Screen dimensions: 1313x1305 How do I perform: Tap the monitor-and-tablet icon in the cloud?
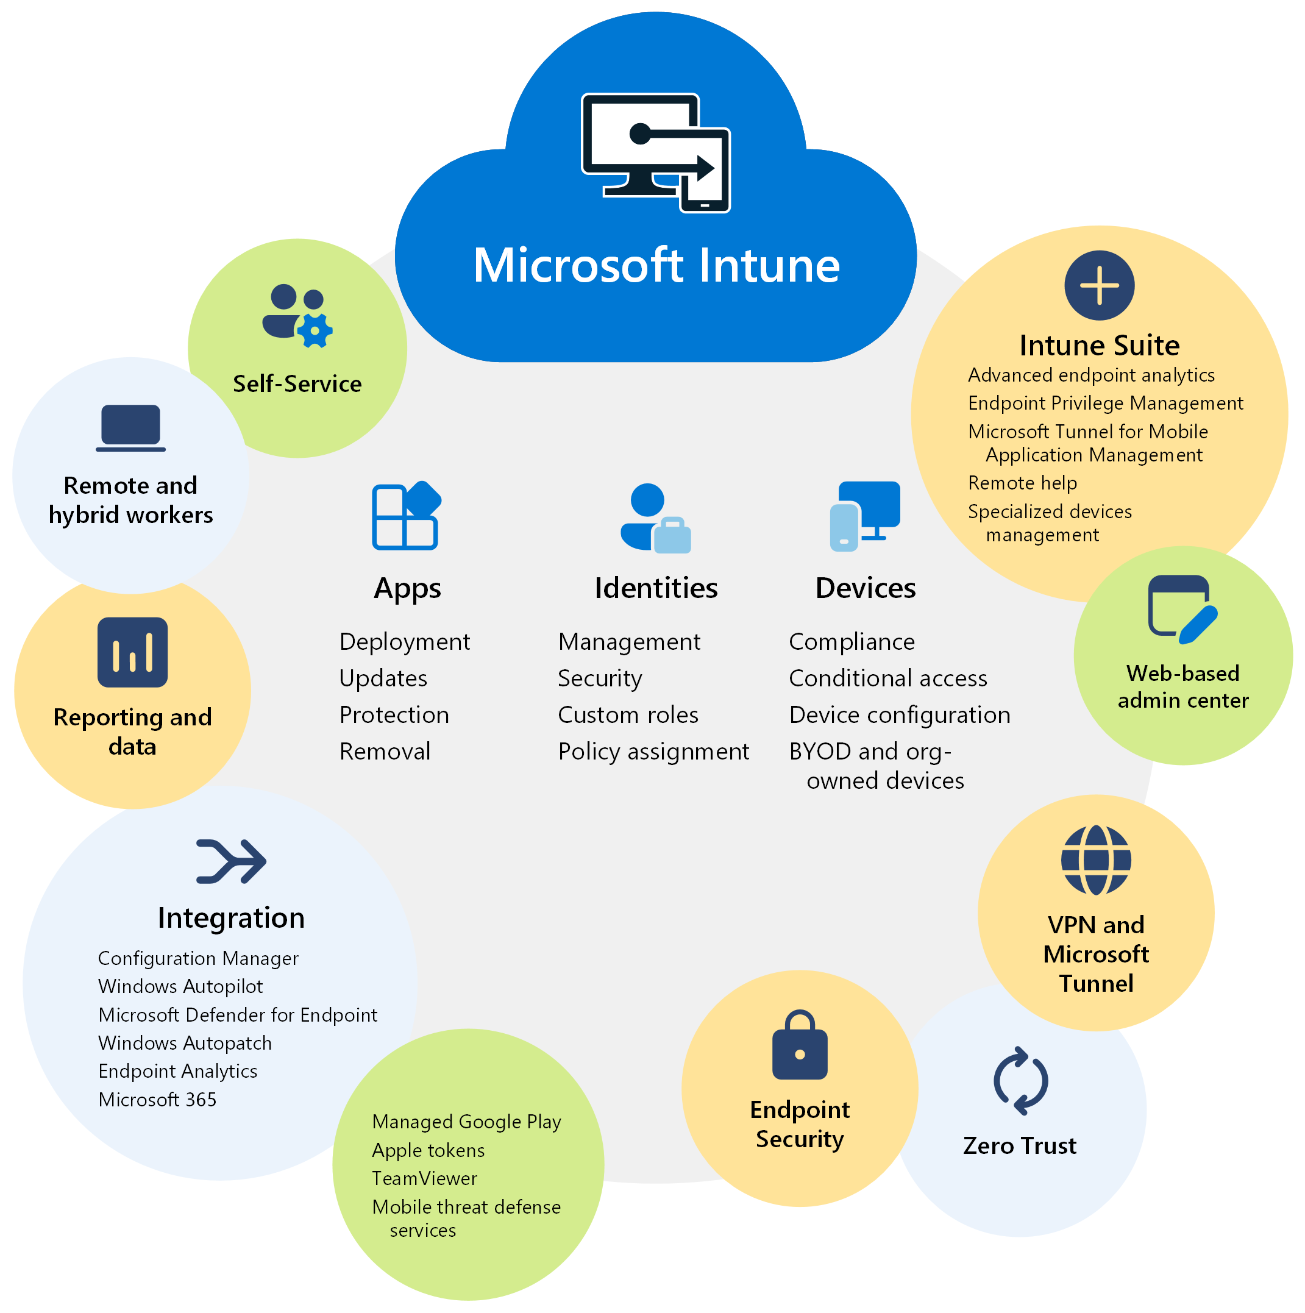click(x=655, y=153)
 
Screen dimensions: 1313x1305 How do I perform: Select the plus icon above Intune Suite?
click(x=1098, y=285)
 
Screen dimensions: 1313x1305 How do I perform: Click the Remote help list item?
click(x=1022, y=483)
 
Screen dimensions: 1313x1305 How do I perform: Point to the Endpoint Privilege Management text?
click(x=1104, y=403)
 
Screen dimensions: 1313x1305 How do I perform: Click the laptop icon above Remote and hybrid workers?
click(x=130, y=427)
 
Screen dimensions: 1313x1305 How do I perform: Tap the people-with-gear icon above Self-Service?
click(x=297, y=315)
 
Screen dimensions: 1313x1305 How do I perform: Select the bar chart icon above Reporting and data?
click(x=132, y=652)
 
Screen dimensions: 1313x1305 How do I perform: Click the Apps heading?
click(x=407, y=588)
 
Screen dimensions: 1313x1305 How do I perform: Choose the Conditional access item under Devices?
click(x=887, y=678)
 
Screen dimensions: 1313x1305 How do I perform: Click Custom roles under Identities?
click(x=627, y=715)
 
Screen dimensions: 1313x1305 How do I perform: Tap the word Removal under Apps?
click(x=385, y=752)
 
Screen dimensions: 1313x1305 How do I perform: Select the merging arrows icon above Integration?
click(x=231, y=861)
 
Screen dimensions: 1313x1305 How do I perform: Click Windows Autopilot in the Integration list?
click(x=180, y=986)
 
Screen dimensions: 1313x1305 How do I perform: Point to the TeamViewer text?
click(x=424, y=1178)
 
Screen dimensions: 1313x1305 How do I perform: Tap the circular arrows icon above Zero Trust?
click(x=1020, y=1081)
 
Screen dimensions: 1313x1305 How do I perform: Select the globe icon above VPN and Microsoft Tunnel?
click(x=1096, y=859)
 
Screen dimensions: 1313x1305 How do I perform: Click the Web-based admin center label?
click(x=1182, y=686)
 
